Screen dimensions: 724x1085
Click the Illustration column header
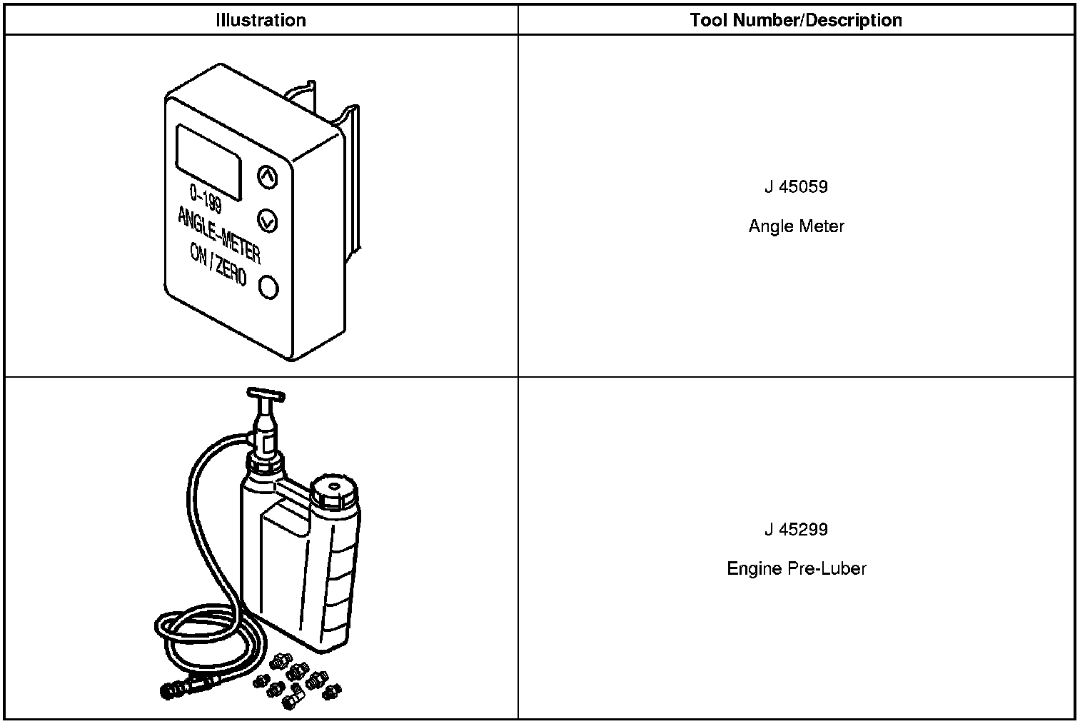261,20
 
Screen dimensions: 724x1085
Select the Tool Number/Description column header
796,20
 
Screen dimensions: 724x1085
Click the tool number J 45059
796,187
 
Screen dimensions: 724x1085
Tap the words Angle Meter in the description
796,226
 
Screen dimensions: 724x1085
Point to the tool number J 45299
796,530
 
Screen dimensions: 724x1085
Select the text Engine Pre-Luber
796,569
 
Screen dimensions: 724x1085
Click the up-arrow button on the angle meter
266,177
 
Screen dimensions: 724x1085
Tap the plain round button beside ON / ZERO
268,287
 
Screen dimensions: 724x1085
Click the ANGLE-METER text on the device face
218,233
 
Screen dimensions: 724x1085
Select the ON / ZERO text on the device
218,265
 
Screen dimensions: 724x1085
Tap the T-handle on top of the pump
266,393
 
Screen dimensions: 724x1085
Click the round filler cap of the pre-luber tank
334,490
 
